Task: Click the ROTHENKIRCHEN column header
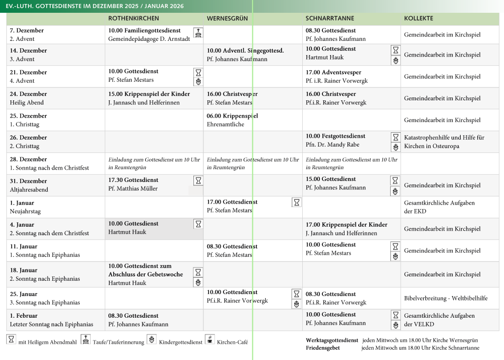coord(133,18)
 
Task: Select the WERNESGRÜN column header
coord(227,18)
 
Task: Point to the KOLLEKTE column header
coord(418,18)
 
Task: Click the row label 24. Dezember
coord(29,94)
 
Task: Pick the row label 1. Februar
coord(24,316)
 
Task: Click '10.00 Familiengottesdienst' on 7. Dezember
coord(145,30)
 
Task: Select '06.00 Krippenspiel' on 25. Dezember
coord(232,116)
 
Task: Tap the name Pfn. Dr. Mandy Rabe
coord(332,145)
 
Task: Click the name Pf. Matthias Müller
coord(133,188)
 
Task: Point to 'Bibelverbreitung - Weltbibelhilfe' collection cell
coord(446,298)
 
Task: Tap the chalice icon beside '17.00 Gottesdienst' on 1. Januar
coord(296,202)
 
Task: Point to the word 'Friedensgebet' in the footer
coord(322,348)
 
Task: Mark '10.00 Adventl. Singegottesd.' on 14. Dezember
coord(245,51)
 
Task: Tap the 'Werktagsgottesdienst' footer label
coord(332,340)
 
